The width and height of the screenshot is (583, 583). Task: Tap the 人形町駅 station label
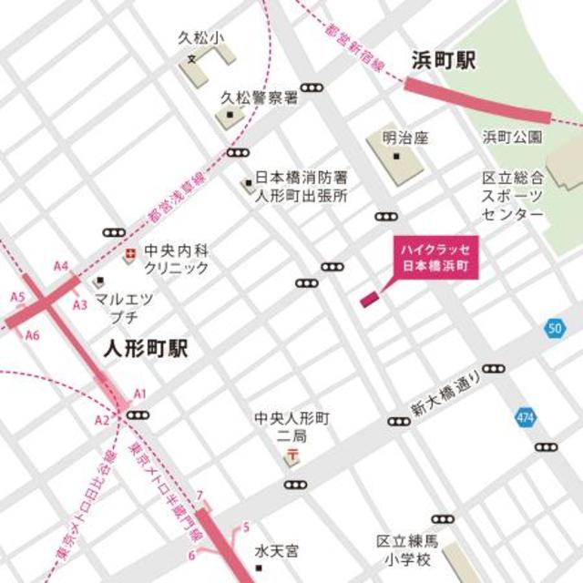click(146, 350)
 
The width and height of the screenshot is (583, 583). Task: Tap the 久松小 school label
click(201, 39)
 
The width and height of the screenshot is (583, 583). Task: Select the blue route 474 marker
click(525, 414)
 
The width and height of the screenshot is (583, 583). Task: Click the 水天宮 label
click(275, 551)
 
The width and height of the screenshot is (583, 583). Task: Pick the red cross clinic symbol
click(130, 251)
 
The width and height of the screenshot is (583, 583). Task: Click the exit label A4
click(61, 266)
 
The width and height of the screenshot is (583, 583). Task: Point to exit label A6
click(33, 335)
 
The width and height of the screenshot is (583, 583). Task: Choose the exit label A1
click(140, 392)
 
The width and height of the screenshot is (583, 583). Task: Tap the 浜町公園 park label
click(513, 138)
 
